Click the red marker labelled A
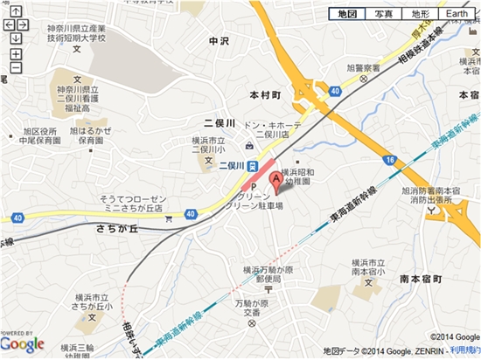277,181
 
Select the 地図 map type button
346,15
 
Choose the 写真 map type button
382,15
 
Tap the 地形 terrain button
418,15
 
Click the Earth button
457,15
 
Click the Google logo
22,344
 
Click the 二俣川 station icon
251,165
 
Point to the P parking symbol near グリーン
254,187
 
